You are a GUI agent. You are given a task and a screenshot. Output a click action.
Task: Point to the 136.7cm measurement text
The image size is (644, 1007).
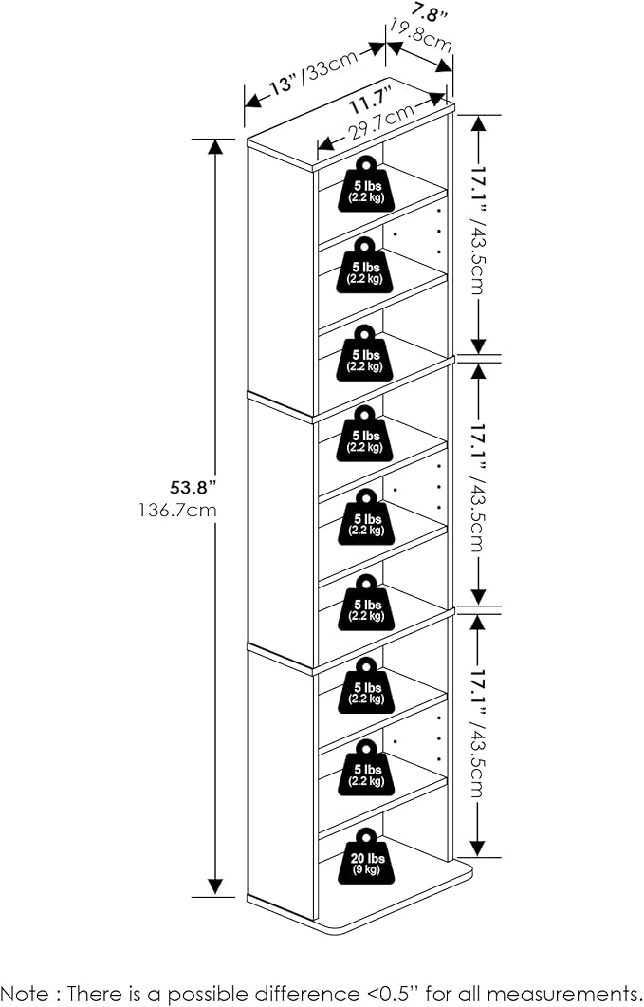click(x=177, y=511)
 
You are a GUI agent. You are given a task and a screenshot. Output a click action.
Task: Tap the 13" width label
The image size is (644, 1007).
click(x=284, y=84)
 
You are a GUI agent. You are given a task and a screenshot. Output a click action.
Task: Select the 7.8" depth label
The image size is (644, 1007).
click(x=430, y=12)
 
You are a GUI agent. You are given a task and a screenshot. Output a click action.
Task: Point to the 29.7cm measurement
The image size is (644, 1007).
click(x=381, y=123)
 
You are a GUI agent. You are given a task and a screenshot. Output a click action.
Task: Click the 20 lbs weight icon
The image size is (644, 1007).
click(x=367, y=856)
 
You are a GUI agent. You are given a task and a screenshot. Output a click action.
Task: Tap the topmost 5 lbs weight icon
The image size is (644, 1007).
click(x=367, y=184)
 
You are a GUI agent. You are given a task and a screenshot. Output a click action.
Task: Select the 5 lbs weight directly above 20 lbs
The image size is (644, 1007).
click(x=367, y=768)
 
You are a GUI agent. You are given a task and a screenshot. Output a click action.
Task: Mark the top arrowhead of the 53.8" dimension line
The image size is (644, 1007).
click(x=215, y=146)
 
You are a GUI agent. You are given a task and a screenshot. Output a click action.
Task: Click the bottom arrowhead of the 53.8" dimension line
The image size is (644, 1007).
click(x=215, y=887)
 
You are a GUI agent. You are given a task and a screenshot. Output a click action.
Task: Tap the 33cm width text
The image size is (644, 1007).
click(x=332, y=64)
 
